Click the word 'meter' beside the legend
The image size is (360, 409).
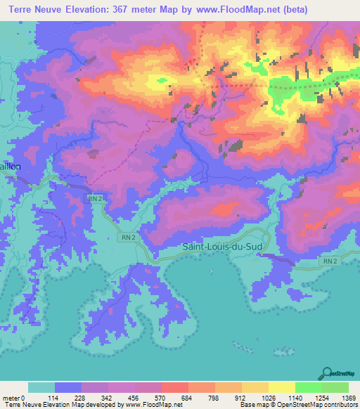(x=11, y=398)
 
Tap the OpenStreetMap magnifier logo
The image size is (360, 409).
(x=325, y=372)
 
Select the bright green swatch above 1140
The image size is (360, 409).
(x=308, y=387)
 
